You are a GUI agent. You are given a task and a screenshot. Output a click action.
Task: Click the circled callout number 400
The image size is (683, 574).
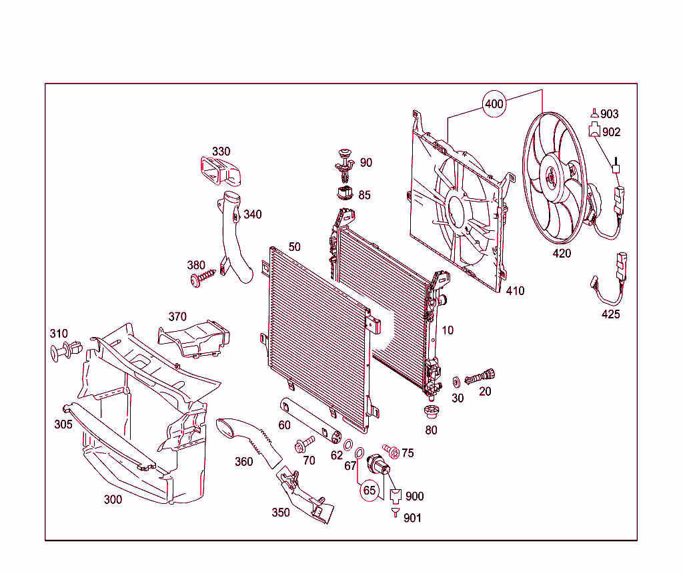point(494,103)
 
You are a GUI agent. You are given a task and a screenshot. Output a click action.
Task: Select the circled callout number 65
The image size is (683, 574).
point(370,490)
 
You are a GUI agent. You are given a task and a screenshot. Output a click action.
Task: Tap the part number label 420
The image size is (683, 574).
point(562,254)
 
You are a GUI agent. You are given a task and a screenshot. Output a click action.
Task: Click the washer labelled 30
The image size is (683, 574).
point(456,382)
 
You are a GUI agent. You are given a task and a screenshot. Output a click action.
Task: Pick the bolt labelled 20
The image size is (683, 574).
point(480,376)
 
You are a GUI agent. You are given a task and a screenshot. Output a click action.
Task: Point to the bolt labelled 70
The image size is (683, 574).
point(304,443)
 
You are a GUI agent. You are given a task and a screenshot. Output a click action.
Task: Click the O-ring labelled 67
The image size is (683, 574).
point(360,454)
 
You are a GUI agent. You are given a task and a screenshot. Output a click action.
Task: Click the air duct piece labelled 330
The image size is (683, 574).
point(221,171)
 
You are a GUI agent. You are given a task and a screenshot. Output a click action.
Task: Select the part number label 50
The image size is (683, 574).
point(295,247)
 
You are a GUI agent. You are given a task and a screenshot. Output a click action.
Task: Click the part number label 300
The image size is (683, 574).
point(113,499)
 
